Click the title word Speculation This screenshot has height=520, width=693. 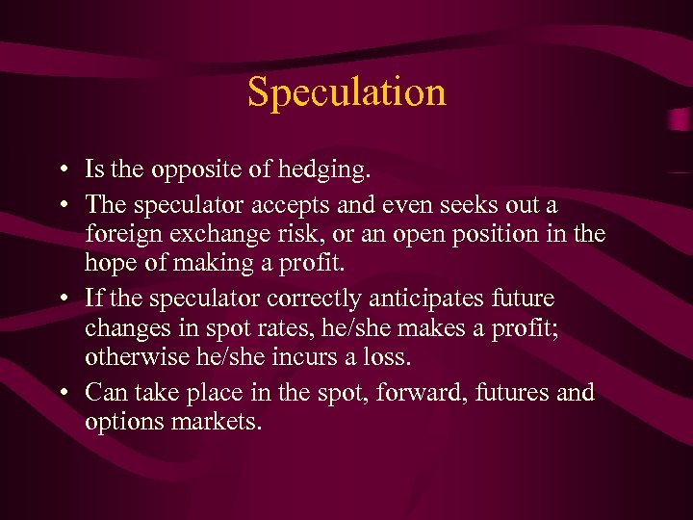pos(346,92)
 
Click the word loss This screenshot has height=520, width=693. pos(390,356)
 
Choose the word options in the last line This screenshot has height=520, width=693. pos(121,423)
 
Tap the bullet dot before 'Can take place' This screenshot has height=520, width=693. pos(61,394)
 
